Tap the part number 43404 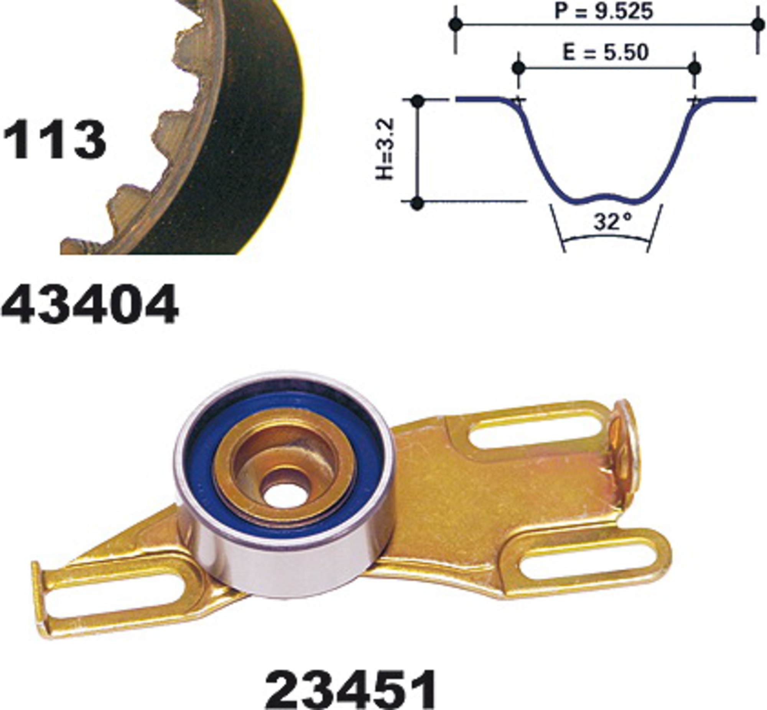click(x=90, y=304)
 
